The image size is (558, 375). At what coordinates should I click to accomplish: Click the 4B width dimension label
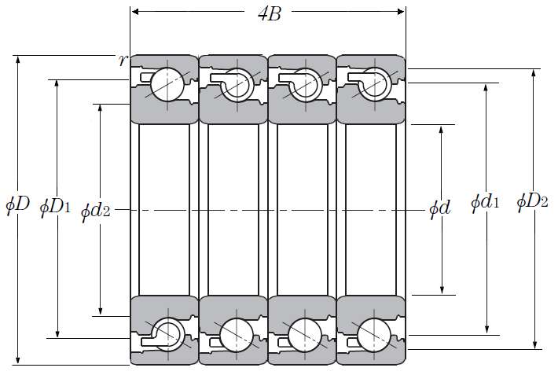tap(270, 14)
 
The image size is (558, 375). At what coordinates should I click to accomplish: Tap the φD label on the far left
tap(17, 204)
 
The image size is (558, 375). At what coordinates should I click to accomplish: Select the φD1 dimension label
tap(55, 207)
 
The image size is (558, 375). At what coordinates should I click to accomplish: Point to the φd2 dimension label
tap(95, 211)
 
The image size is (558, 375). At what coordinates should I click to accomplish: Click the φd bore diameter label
tap(440, 208)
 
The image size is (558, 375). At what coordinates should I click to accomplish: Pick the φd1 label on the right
tap(485, 202)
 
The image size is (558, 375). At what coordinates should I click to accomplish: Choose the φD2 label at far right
tap(532, 201)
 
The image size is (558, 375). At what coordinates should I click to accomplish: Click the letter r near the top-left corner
tap(123, 61)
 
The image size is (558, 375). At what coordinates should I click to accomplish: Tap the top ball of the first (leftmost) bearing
tap(167, 84)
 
